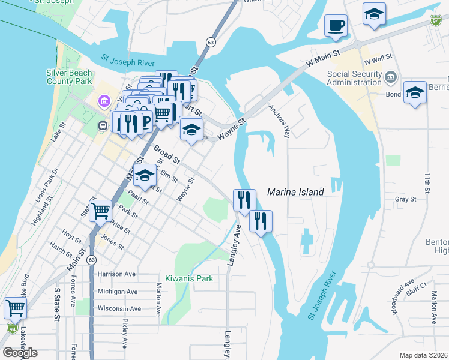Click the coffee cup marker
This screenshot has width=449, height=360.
tap(336, 26)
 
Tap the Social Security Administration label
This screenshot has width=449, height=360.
tap(354, 78)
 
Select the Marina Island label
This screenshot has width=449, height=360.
tap(295, 192)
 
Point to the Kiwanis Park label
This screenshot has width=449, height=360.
tap(189, 278)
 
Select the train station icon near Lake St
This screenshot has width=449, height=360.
tap(103, 126)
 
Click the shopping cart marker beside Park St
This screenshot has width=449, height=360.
tap(100, 210)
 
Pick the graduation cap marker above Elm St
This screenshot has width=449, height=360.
tap(145, 175)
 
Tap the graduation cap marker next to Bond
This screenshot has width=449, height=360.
tap(414, 92)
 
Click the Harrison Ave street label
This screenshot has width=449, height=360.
tap(117, 274)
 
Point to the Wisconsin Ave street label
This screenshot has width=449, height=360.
tap(119, 308)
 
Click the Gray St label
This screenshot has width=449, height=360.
tap(406, 199)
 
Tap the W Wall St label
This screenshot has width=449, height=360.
tap(377, 56)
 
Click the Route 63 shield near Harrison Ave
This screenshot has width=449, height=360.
tap(91, 260)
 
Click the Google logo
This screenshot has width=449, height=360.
tap(20, 353)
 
